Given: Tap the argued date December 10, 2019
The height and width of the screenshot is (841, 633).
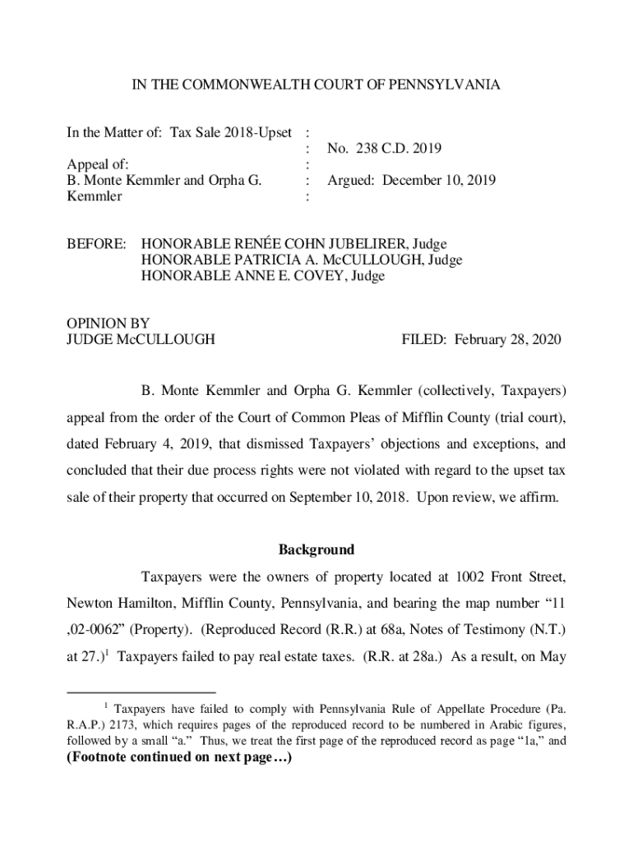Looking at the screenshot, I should click(437, 181).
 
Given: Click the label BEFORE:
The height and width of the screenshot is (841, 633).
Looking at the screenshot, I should click(96, 244).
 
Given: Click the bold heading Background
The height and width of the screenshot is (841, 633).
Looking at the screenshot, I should click(316, 549).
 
